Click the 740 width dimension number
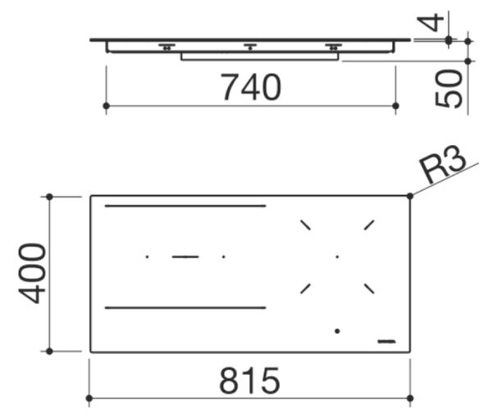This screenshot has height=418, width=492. (251, 87)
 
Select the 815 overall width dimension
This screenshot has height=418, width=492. (249, 380)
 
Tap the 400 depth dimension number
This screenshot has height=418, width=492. (32, 273)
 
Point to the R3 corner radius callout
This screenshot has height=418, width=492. (443, 166)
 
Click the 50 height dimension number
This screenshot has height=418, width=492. (449, 89)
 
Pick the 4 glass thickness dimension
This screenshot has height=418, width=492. (430, 22)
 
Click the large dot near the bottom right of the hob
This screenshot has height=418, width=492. (337, 331)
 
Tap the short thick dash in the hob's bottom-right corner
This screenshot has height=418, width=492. (386, 342)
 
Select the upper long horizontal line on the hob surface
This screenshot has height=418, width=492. (185, 206)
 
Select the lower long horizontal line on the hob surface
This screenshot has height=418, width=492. (185, 308)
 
